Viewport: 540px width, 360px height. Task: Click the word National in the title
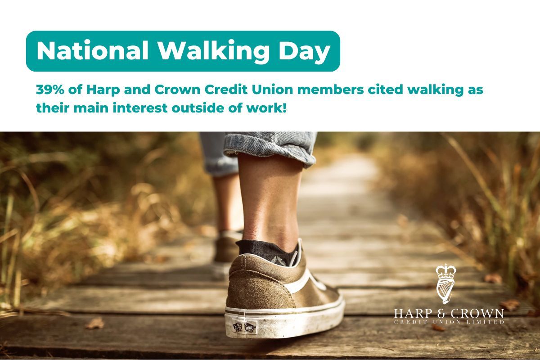[93, 51]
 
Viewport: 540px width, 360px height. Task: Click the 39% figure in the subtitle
[50, 90]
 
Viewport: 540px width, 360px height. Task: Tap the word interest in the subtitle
[140, 108]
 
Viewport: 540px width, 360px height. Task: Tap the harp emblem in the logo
[444, 292]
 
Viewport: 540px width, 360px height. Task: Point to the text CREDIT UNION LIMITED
[449, 322]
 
